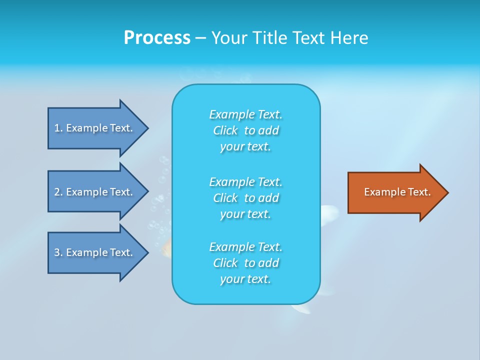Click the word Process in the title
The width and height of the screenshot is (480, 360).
coord(157,38)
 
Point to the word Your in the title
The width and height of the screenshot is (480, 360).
coord(229,38)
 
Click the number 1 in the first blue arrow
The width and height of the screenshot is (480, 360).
coord(57,128)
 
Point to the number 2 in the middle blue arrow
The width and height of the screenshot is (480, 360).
coord(57,192)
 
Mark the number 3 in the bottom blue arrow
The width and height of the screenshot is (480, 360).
coord(57,252)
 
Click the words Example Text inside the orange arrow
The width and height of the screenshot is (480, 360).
coord(397,192)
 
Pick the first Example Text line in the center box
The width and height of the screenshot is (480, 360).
coord(245,114)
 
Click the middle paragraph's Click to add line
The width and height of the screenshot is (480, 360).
coord(245,198)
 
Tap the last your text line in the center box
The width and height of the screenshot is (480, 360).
coord(245,279)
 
